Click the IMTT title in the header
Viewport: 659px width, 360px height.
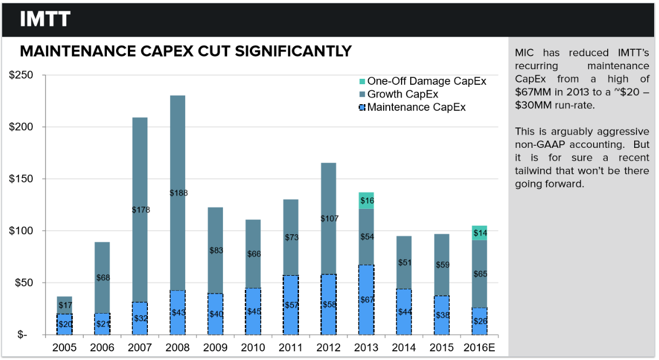(x=45, y=19)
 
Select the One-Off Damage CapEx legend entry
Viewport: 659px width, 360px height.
(x=426, y=81)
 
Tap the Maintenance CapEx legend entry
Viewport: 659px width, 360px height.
(x=416, y=107)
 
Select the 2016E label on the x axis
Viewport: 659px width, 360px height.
(x=480, y=347)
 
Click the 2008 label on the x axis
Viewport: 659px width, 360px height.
(x=178, y=347)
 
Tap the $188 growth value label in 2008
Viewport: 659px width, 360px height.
(x=178, y=193)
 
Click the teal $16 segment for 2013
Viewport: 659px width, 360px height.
(x=366, y=200)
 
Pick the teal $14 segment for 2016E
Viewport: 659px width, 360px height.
(x=480, y=233)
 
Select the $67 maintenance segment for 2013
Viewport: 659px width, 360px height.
(x=366, y=300)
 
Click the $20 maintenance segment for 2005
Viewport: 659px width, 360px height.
(x=65, y=324)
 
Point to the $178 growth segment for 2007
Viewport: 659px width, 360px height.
(x=140, y=209)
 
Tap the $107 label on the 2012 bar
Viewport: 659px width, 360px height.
(x=329, y=219)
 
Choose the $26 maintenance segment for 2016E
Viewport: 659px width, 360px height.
(x=480, y=321)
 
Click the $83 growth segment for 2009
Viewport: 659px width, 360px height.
(x=216, y=250)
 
